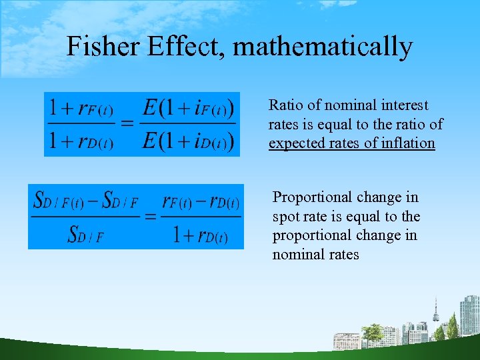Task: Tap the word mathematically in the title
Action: coord(323,47)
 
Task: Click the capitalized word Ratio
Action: coord(285,105)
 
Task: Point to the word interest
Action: coord(405,105)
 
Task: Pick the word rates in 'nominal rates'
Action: coord(341,255)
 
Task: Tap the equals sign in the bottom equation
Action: coord(150,216)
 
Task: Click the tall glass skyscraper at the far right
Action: coord(469,314)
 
